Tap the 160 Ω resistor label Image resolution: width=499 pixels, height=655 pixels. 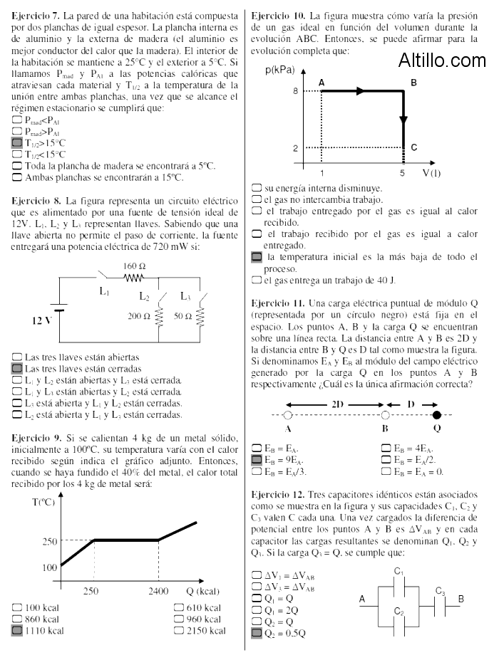coord(134,266)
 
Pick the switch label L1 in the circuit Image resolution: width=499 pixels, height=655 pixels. coord(104,290)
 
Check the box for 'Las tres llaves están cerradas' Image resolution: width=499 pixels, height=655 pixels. coord(17,368)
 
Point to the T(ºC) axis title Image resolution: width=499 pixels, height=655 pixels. coord(43,502)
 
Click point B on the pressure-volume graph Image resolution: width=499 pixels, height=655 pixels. coord(414,83)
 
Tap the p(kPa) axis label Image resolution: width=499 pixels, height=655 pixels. coord(279,70)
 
